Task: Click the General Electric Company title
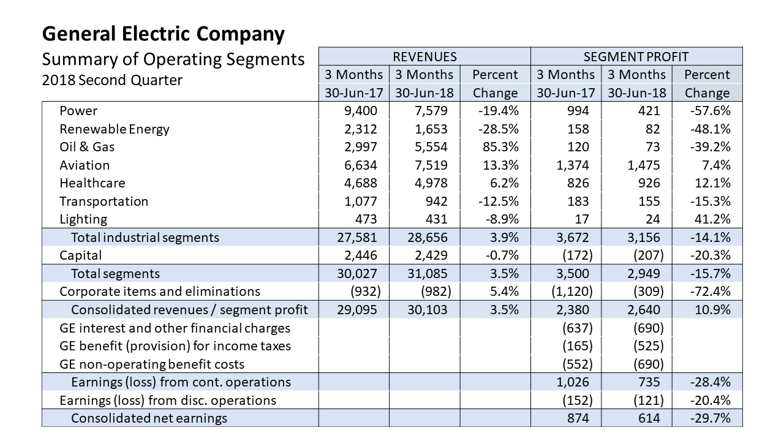tap(163, 34)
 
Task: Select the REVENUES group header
tap(424, 57)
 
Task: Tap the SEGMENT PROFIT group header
tap(636, 57)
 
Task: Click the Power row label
tap(78, 111)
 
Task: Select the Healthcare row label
tap(92, 183)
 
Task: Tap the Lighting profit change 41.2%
tap(712, 219)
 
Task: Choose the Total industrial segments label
tap(145, 238)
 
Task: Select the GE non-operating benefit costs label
tap(152, 364)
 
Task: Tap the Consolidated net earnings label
tap(149, 418)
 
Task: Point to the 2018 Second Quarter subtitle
tap(112, 80)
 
